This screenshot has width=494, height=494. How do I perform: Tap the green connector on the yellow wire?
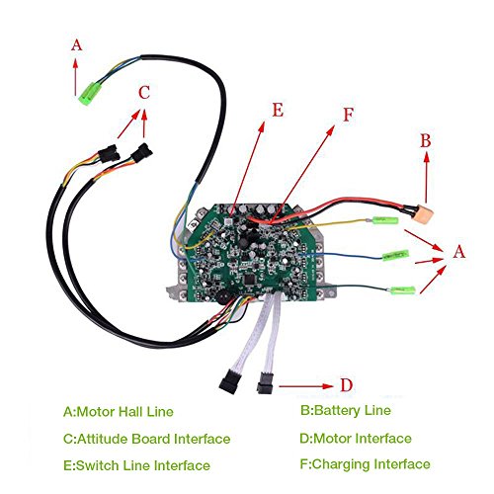point(385,220)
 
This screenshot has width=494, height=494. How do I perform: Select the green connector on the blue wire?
point(395,255)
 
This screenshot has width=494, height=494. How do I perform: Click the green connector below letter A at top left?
point(89,94)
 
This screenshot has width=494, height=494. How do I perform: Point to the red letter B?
point(426,140)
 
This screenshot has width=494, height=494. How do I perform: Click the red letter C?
point(144,93)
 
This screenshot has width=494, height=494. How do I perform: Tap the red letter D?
point(346,385)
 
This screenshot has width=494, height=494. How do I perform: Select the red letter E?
point(278,110)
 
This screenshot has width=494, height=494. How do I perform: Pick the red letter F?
point(349,115)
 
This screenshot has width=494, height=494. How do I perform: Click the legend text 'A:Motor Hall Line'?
point(119,412)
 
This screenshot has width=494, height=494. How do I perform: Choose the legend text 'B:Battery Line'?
point(346,410)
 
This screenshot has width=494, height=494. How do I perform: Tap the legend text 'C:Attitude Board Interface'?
point(146,439)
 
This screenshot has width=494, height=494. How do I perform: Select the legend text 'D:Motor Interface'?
point(356,439)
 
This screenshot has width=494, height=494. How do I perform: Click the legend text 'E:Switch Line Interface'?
point(136,465)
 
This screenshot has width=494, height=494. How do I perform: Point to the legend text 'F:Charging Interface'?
point(365,464)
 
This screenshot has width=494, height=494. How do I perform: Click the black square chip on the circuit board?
point(249,281)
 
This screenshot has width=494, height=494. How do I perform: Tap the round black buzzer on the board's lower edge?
point(224,298)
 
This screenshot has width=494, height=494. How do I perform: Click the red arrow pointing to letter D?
point(306,386)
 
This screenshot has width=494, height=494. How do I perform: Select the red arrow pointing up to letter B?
point(427,177)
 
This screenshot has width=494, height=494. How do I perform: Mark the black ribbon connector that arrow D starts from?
point(265,383)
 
